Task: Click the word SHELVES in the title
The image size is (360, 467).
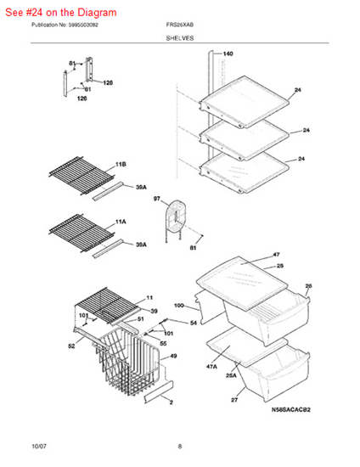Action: point(179,38)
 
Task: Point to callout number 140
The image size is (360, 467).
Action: point(228,53)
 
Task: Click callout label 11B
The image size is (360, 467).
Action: point(121,163)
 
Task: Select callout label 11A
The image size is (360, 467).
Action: point(121,219)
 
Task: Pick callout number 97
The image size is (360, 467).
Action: point(156,199)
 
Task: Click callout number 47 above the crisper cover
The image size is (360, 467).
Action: point(276,255)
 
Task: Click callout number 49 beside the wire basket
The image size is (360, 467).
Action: point(173,357)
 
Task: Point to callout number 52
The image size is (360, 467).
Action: point(71,346)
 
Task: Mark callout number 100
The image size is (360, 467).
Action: point(179,305)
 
